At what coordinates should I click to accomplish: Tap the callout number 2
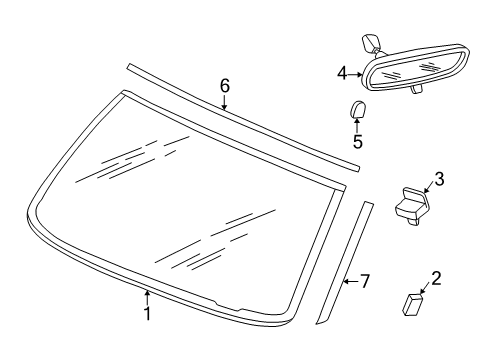pyautogui.click(x=436, y=277)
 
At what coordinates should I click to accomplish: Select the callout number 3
pyautogui.click(x=438, y=179)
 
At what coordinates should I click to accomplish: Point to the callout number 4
pyautogui.click(x=342, y=73)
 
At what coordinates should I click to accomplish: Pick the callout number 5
pyautogui.click(x=357, y=142)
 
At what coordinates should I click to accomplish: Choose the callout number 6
pyautogui.click(x=225, y=87)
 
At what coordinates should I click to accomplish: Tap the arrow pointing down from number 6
pyautogui.click(x=225, y=103)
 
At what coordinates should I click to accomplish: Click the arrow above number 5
pyautogui.click(x=357, y=125)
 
